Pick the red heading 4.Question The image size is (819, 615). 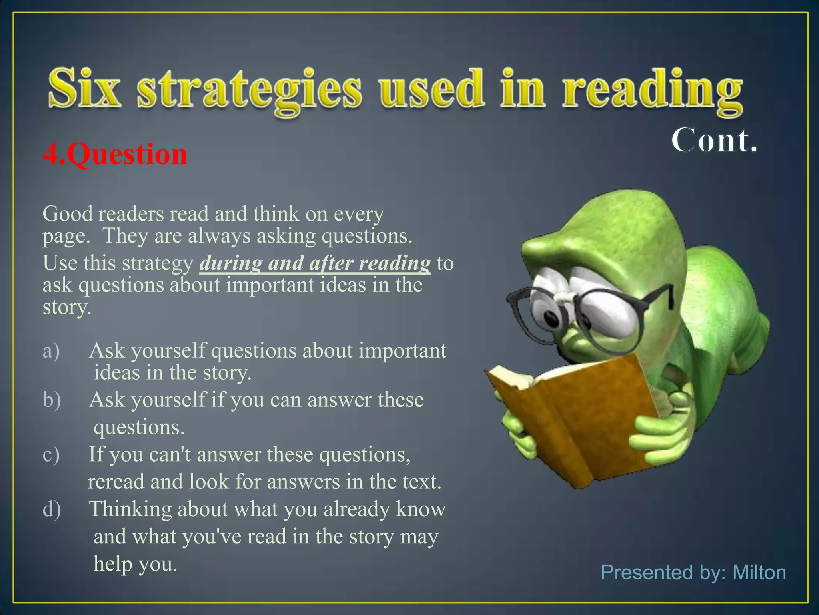(x=115, y=154)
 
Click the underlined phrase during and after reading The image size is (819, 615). (x=315, y=263)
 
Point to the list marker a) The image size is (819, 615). (x=51, y=351)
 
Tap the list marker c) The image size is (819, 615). (x=51, y=454)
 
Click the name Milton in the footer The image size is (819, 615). (x=759, y=572)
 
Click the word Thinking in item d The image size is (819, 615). (x=130, y=509)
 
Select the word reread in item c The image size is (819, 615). (x=116, y=482)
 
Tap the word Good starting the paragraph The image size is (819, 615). (x=68, y=214)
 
